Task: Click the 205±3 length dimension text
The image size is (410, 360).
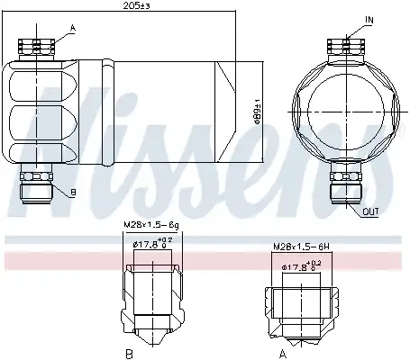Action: tap(136, 5)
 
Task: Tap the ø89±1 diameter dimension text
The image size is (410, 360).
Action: tap(258, 112)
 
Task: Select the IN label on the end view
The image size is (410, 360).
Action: tap(369, 20)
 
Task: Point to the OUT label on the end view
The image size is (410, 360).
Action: tap(370, 211)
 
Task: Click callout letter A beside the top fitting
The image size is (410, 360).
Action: tap(73, 28)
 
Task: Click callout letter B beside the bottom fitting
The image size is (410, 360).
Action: tap(73, 193)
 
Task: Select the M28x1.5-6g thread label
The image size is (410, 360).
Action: tap(151, 225)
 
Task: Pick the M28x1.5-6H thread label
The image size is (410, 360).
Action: tap(301, 247)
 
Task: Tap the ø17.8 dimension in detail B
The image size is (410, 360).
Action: tap(153, 243)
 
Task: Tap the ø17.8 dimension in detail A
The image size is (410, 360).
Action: tap(301, 266)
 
